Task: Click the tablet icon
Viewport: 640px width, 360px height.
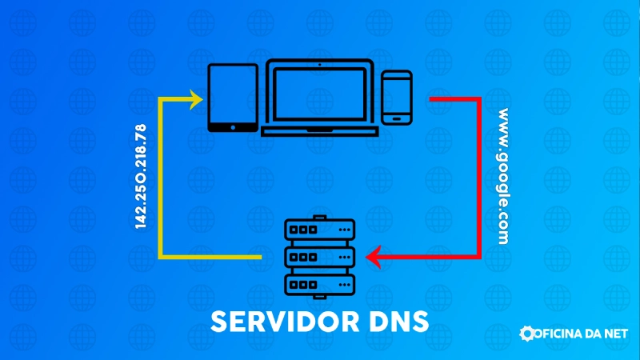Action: point(233,97)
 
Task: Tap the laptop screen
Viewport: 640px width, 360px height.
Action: point(319,93)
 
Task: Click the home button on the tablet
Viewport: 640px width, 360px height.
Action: point(233,126)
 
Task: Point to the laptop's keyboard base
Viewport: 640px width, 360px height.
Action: point(319,129)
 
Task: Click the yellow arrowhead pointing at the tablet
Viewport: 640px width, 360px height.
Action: point(195,99)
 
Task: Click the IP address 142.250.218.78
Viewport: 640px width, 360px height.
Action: point(141,177)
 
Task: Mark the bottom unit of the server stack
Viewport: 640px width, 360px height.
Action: point(319,284)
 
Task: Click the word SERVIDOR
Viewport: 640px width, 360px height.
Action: point(277,322)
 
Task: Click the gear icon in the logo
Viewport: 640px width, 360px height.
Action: point(527,334)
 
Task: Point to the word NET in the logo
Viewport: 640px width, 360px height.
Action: point(615,334)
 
